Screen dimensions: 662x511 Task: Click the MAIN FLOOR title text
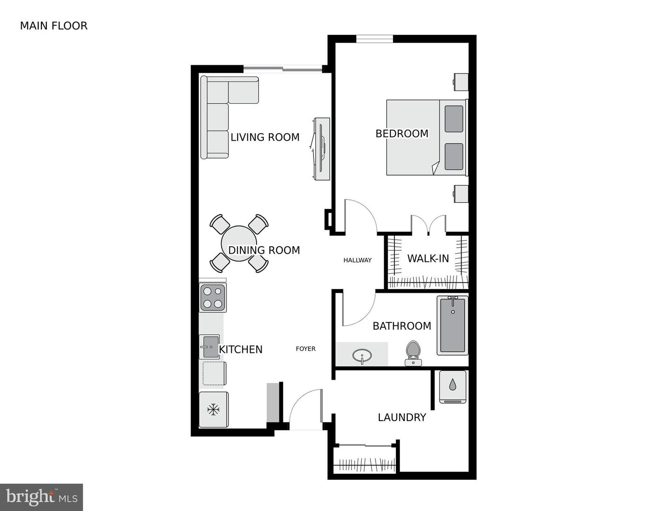[54, 26]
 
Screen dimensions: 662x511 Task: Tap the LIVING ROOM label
[265, 137]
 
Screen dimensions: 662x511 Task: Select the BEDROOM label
[402, 133]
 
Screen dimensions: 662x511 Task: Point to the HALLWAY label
[357, 260]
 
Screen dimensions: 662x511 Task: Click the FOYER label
[306, 349]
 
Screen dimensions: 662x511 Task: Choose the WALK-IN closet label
[428, 259]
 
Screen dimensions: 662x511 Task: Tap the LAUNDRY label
[402, 417]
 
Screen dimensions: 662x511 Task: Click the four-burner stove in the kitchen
[213, 298]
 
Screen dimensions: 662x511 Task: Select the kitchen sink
[210, 346]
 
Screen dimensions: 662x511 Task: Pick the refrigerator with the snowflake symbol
[214, 409]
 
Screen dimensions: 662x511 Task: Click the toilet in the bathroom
[413, 352]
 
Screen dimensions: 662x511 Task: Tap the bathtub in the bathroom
[453, 325]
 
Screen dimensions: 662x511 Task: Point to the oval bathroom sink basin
[362, 355]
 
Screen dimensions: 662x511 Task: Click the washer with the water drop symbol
[452, 387]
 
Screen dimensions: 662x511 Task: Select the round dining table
[239, 243]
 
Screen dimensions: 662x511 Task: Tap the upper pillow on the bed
[454, 119]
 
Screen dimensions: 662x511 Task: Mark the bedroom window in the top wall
[375, 39]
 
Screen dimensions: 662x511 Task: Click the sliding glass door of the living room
[283, 69]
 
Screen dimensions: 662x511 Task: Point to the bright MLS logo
[41, 497]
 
